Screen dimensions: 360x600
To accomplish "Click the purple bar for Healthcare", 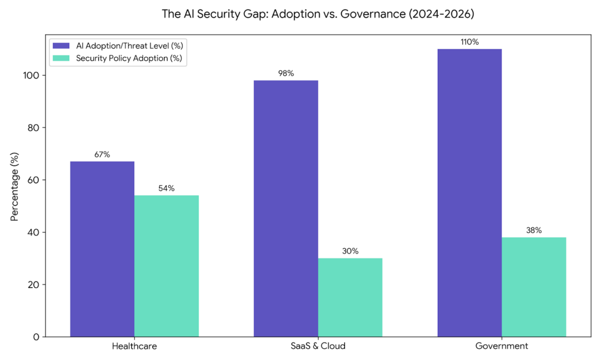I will pyautogui.click(x=102, y=249).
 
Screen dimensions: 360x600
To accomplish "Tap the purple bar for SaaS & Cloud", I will pyautogui.click(x=286, y=208).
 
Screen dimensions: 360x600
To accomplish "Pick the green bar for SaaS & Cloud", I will pyautogui.click(x=350, y=297).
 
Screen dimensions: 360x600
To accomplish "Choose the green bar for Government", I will pyautogui.click(x=534, y=287).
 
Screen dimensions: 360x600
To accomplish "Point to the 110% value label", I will pyautogui.click(x=470, y=43).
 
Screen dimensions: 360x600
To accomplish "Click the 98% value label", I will pyautogui.click(x=286, y=74).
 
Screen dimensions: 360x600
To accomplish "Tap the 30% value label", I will pyautogui.click(x=350, y=252).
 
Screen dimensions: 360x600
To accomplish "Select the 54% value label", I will pyautogui.click(x=166, y=189).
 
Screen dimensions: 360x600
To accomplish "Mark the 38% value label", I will pyautogui.click(x=534, y=230).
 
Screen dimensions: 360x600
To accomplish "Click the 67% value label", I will pyautogui.click(x=102, y=155).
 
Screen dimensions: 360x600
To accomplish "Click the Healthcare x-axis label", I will pyautogui.click(x=134, y=346).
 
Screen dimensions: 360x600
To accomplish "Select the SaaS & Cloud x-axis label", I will pyautogui.click(x=318, y=346).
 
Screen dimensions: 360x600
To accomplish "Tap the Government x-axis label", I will pyautogui.click(x=502, y=346).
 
